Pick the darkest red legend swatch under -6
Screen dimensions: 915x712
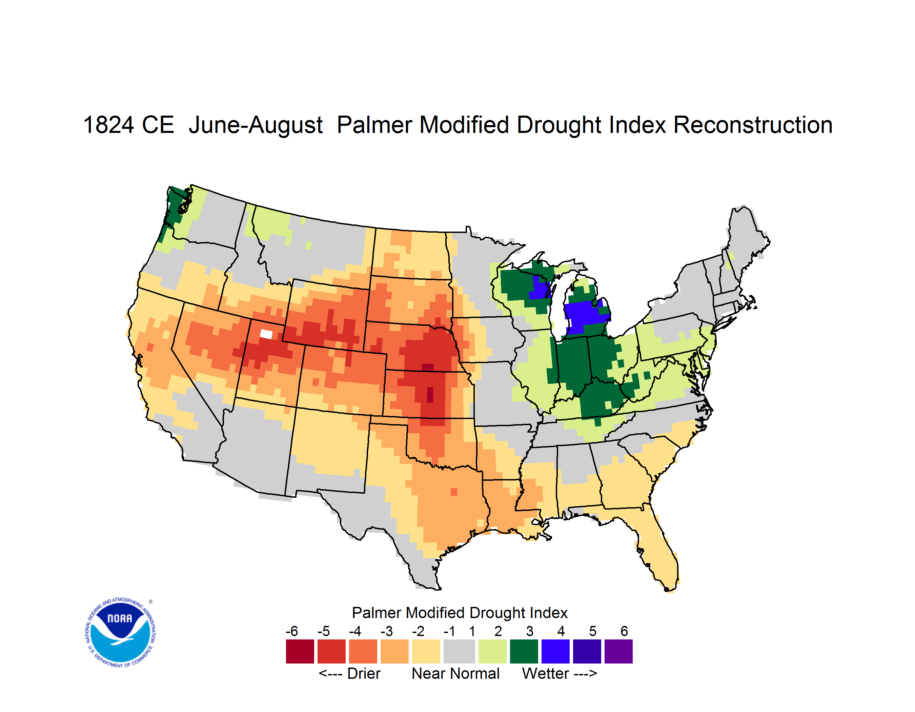(300, 651)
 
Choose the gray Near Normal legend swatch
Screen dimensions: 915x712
(459, 651)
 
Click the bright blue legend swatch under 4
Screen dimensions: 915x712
(555, 651)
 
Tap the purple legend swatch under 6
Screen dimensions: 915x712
(618, 651)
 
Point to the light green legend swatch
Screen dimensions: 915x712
(493, 651)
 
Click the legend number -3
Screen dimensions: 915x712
(387, 631)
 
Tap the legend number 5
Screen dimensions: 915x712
(593, 631)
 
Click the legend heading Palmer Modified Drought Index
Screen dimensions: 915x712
(460, 613)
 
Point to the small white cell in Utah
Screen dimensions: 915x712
(266, 334)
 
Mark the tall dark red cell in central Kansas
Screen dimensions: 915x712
(430, 395)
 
